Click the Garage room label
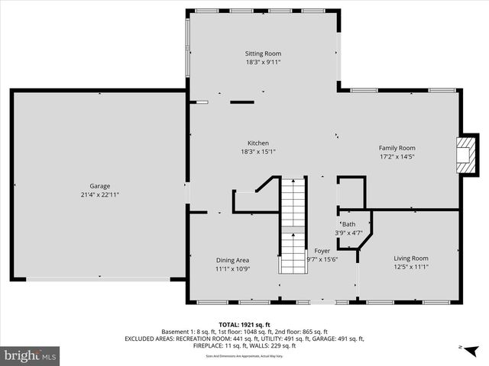[99, 186]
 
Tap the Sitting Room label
[263, 54]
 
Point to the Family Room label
[397, 148]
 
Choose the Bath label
[348, 224]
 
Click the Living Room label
[410, 258]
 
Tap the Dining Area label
[232, 260]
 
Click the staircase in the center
[292, 225]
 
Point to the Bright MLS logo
[30, 355]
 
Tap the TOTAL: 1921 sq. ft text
[244, 324]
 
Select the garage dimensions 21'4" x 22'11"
[99, 195]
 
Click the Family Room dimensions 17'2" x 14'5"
[397, 157]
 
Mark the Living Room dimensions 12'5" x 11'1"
[410, 268]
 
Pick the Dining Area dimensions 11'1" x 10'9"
[232, 269]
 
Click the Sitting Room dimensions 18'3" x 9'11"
[263, 63]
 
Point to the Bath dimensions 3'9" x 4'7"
[348, 233]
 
